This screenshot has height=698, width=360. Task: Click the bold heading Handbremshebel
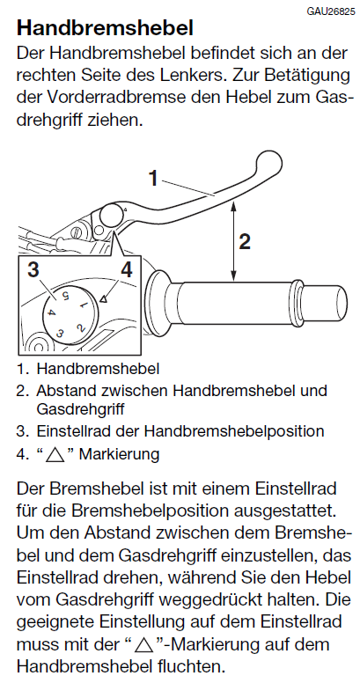[105, 28]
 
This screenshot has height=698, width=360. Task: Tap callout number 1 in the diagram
[153, 179]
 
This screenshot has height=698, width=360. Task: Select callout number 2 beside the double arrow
[245, 242]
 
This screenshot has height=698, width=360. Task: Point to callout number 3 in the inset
[33, 269]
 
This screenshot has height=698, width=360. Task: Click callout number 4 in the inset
[127, 269]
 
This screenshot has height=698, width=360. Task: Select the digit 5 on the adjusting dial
[65, 295]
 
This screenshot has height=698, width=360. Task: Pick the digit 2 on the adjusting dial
[81, 328]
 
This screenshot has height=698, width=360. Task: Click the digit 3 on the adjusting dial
[61, 333]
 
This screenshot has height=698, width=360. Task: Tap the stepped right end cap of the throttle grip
[320, 300]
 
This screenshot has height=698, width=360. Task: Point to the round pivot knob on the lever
[111, 216]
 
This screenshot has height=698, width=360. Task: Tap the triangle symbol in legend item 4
[55, 454]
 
